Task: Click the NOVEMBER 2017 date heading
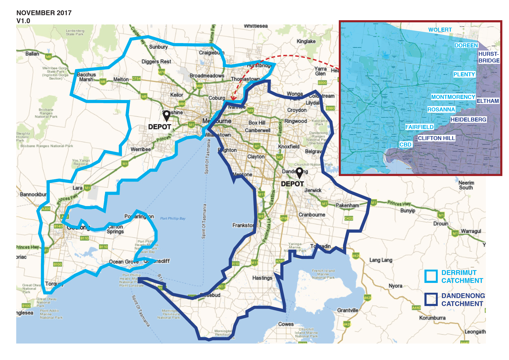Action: coord(44,13)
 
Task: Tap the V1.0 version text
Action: coord(23,21)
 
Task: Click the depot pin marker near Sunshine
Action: coord(166,116)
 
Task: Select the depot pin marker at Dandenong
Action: coord(299,173)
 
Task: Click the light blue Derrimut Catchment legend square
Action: coord(431,276)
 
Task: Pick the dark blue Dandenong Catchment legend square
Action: coord(431,299)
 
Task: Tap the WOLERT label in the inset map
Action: coord(440,30)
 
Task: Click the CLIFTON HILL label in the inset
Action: coord(436,138)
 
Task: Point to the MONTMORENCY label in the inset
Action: coord(453,97)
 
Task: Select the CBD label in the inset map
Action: coord(405,145)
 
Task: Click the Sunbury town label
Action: coord(158,47)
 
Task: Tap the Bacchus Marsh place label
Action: coord(86,77)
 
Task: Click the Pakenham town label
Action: coord(347,206)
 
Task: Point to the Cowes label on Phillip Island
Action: coord(286,324)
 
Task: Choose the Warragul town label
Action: coord(471,231)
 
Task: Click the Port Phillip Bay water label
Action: coord(173,219)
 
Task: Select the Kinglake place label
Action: coord(306,41)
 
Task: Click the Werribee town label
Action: coord(140,149)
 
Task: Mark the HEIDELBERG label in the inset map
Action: coord(468,120)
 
